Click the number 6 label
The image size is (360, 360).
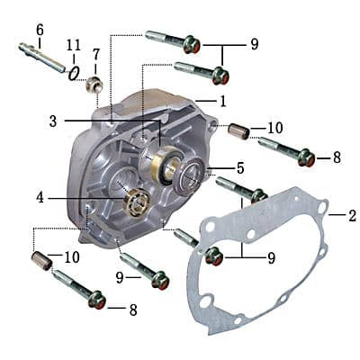tap(40, 30)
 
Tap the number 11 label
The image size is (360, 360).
tap(74, 43)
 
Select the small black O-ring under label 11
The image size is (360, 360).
tap(75, 72)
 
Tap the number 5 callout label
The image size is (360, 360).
tap(239, 167)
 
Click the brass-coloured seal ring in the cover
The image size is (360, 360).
tap(166, 167)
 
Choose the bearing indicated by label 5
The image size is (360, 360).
tap(191, 175)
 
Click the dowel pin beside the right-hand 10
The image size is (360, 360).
tap(237, 132)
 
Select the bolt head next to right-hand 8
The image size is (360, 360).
tap(304, 159)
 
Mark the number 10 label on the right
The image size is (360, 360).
tap(274, 129)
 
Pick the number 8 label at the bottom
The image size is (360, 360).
tap(133, 310)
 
